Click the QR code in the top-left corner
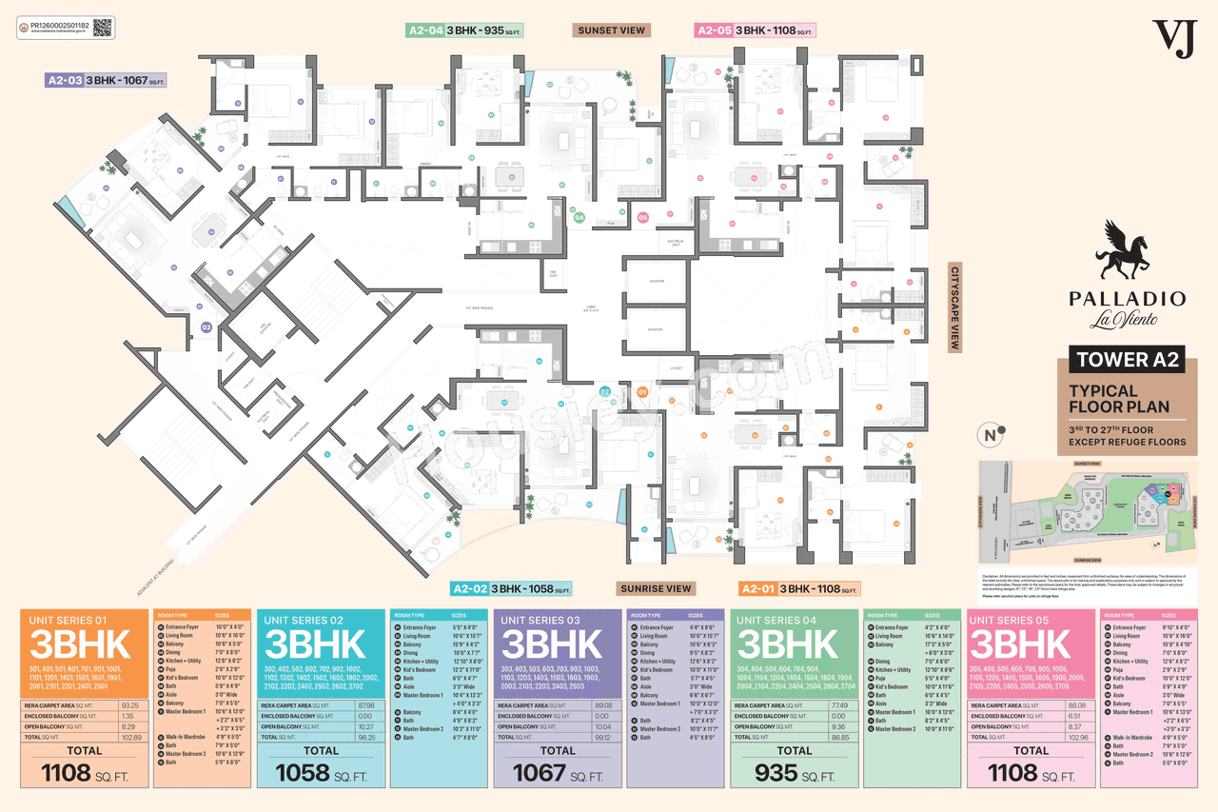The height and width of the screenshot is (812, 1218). click(103, 27)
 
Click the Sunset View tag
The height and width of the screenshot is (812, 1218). click(612, 30)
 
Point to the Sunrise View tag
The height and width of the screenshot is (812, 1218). click(656, 588)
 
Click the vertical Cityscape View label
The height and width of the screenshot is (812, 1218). click(955, 308)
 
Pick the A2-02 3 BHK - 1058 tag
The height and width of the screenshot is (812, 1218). click(511, 588)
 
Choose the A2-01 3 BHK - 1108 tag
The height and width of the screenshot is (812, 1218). click(800, 588)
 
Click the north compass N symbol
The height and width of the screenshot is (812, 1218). click(991, 436)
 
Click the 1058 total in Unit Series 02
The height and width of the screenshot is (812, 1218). click(302, 773)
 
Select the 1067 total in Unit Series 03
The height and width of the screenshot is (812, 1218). click(539, 773)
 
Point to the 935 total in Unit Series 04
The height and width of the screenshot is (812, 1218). click(776, 773)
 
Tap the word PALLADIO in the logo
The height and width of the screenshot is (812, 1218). click(1128, 299)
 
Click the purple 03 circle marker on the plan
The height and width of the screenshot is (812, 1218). click(206, 327)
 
